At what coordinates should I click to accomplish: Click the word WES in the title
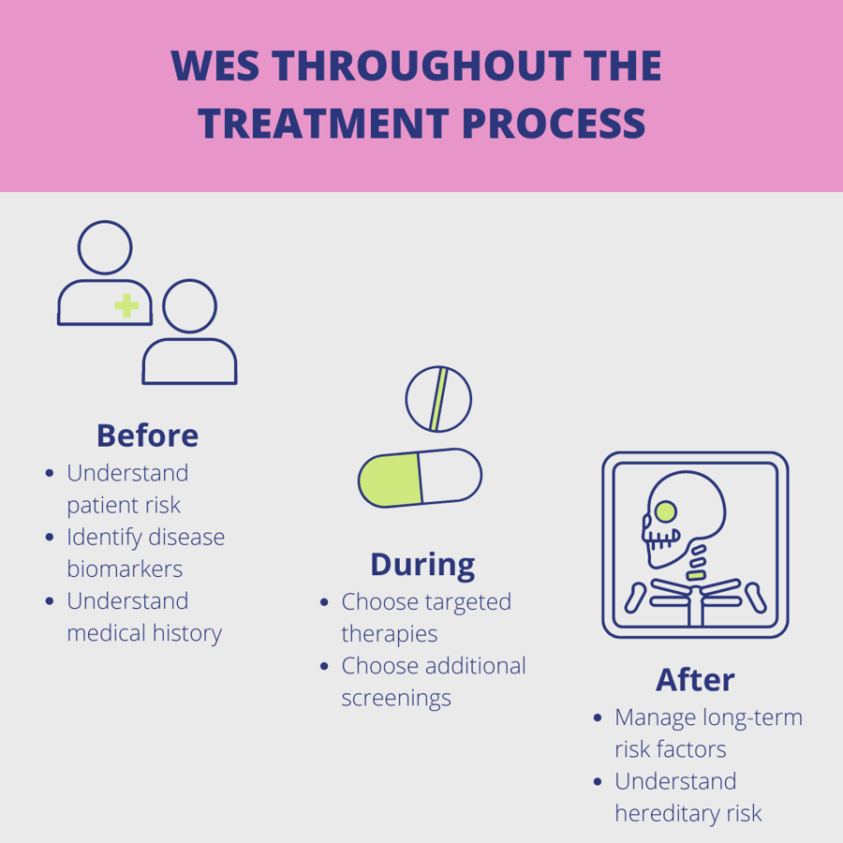[218, 67]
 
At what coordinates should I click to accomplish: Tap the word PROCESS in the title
[553, 125]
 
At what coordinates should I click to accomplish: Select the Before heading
[147, 436]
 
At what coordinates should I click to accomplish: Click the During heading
[422, 564]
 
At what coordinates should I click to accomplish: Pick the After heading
[695, 679]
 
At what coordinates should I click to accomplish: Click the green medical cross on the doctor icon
[126, 304]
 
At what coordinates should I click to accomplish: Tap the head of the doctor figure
[105, 248]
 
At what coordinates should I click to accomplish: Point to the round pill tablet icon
[438, 399]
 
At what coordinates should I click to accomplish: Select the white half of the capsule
[450, 477]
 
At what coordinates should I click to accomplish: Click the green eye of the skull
[665, 511]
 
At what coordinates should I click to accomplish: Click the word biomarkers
[125, 569]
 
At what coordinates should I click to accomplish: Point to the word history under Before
[188, 633]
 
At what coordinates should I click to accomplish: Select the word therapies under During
[389, 634]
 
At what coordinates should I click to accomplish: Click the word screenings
[395, 698]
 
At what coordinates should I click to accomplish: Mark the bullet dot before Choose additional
[324, 666]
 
